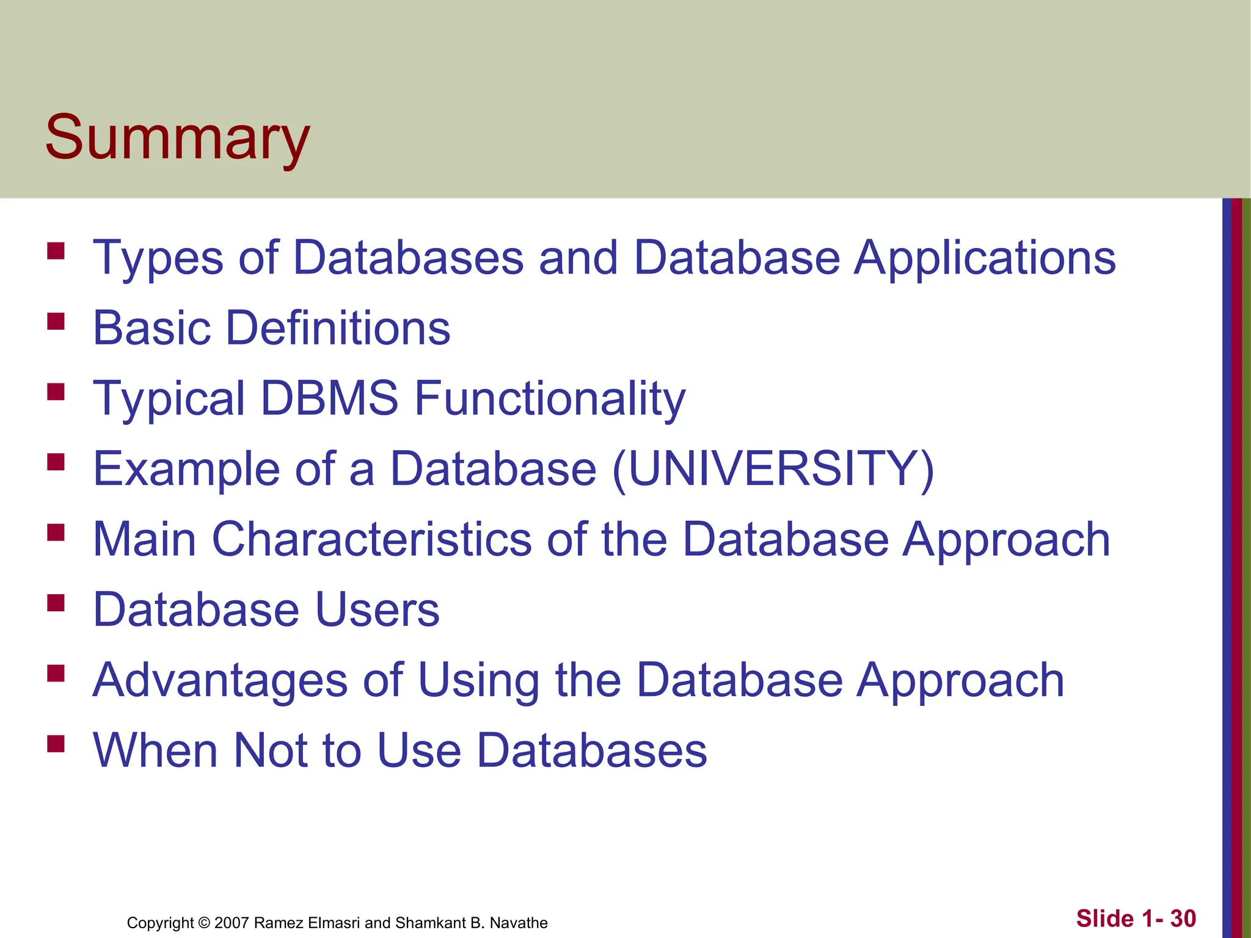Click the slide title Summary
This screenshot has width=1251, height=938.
[177, 138]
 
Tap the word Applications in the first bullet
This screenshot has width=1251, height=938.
[985, 258]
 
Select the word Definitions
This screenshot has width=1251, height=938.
[338, 328]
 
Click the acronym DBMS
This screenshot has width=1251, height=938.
[329, 398]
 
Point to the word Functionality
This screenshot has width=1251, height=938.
[550, 398]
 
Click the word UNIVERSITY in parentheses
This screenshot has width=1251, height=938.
[773, 469]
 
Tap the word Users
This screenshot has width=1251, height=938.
[377, 609]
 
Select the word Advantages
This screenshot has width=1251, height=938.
[220, 680]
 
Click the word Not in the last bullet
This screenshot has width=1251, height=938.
[270, 751]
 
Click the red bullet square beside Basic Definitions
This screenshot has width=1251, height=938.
[56, 321]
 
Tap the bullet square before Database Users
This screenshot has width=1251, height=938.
[56, 603]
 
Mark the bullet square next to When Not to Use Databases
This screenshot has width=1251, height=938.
[56, 743]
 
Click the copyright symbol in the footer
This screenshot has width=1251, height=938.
[204, 923]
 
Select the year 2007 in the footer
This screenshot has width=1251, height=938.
[232, 923]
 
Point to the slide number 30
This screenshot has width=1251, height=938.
[1183, 918]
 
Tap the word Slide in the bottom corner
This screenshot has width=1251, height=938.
[1104, 918]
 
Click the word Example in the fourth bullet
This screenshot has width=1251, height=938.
[186, 469]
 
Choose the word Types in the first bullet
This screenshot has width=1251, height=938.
[158, 258]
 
